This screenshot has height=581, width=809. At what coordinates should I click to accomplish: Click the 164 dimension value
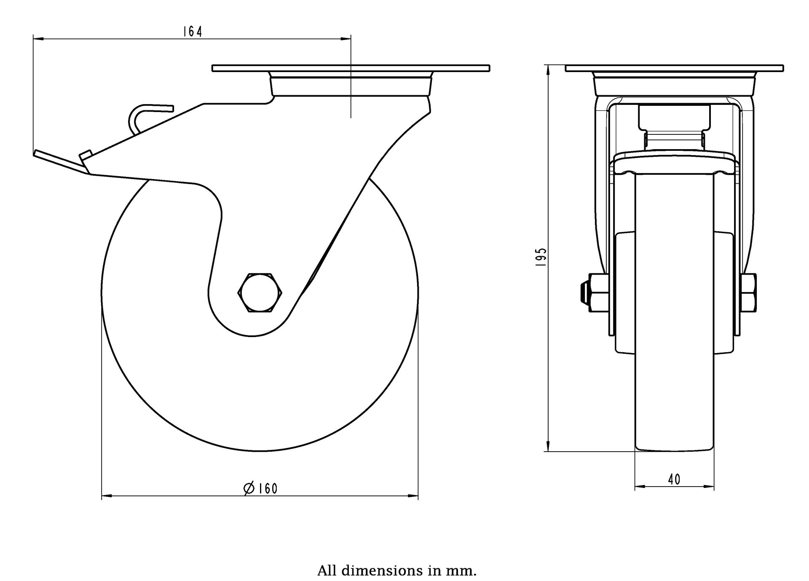tap(193, 32)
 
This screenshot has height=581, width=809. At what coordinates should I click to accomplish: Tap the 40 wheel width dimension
tap(674, 479)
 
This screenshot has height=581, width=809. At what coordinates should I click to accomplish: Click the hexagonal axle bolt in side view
tap(260, 292)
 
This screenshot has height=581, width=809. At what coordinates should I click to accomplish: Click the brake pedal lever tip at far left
tap(38, 153)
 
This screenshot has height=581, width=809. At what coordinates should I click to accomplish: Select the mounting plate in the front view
tap(674, 68)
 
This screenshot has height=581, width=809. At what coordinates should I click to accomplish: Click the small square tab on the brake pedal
tap(86, 154)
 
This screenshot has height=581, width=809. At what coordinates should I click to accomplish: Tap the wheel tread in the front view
tap(674, 337)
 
